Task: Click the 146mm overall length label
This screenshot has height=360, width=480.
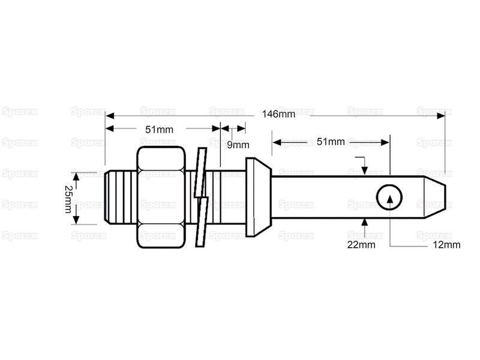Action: pos(278,115)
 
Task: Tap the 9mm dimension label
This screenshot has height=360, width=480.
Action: pos(238,145)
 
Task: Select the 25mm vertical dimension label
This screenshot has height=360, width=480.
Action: pos(68,199)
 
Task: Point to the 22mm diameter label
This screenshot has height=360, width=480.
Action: pos(361,245)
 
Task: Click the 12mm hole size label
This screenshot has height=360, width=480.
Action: pos(446,245)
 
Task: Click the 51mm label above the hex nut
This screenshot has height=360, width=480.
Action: pos(159,130)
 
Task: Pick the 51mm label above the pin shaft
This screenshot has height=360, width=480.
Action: pos(331,142)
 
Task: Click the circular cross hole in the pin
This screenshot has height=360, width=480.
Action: pos(389,197)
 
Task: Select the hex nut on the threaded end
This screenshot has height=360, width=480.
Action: pos(161,197)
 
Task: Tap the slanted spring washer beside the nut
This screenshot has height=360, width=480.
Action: pos(202,197)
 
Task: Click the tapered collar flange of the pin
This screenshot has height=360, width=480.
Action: pos(259,197)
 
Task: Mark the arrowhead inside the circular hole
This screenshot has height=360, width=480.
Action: pos(389,198)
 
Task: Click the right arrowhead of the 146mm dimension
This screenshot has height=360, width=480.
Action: pos(441,116)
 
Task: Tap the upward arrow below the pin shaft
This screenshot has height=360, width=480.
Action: pos(364,226)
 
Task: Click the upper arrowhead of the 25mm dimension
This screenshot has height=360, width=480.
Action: pos(76,176)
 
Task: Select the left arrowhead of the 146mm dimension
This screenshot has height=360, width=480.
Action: pos(110,116)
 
